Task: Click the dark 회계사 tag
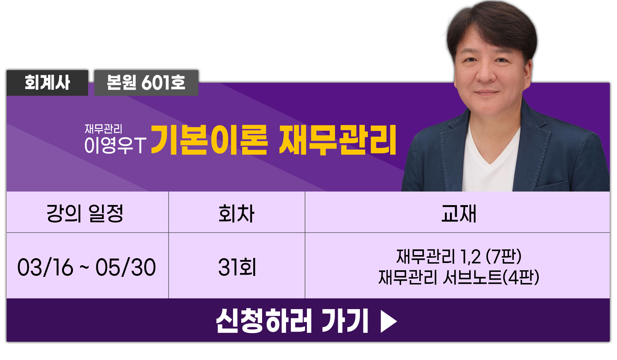47,83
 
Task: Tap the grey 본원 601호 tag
146,83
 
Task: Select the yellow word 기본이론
209,140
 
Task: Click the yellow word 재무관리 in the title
338,140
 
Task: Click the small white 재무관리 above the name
103,129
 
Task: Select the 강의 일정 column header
85,213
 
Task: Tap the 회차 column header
237,213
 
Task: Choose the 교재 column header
458,213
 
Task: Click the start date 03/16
45,267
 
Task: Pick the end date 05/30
126,267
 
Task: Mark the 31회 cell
237,267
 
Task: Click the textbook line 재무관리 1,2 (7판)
459,256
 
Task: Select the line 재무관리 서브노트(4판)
459,277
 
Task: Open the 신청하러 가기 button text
292,321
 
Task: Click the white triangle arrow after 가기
389,321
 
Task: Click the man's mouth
486,93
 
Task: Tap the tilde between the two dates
84,267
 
